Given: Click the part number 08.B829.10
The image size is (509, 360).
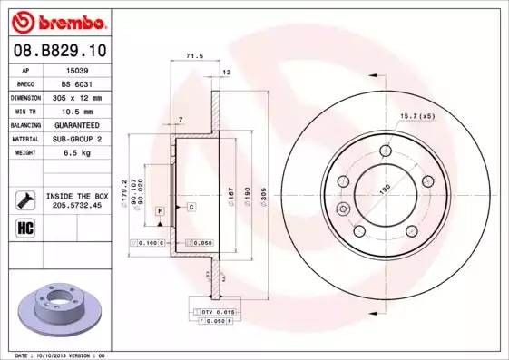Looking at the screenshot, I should [x=60, y=50].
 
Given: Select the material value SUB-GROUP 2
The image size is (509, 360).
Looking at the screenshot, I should [x=78, y=139].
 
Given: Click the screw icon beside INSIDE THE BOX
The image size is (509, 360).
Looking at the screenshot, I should [x=24, y=199].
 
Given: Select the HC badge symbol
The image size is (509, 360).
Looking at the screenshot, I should [x=24, y=227].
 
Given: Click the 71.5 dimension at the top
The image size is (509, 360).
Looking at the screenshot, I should [x=192, y=56].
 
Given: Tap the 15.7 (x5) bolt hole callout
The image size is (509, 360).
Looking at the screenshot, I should [x=416, y=114].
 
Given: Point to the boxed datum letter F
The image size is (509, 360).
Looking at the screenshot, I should [x=159, y=210].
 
